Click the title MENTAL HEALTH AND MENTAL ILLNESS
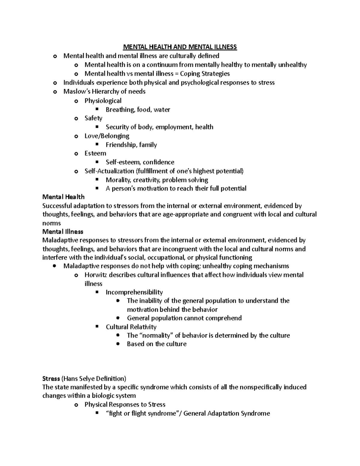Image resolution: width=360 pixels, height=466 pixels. [x=180, y=47]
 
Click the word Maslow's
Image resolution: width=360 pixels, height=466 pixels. [x=74, y=92]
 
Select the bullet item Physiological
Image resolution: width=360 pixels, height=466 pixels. [x=103, y=101]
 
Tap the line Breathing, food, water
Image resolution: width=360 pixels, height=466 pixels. [x=138, y=110]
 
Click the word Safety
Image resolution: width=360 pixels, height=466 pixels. [x=93, y=118]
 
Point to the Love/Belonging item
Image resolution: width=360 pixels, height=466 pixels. [x=107, y=136]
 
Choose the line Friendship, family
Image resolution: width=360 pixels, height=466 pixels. [x=131, y=145]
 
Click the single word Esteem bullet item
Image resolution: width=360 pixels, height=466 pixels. [x=95, y=153]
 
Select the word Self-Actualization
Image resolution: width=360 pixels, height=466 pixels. [x=109, y=171]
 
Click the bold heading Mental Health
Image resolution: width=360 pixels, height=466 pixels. [x=63, y=197]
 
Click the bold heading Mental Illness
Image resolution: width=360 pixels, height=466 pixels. [x=63, y=232]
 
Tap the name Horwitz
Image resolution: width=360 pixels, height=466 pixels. [x=95, y=275]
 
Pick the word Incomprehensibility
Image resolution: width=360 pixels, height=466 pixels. [x=134, y=292]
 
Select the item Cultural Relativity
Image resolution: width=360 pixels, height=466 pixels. [x=131, y=327]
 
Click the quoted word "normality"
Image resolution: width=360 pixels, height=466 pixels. [x=155, y=335]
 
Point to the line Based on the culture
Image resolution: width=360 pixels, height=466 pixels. [x=157, y=344]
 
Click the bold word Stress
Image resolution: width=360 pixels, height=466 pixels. [x=51, y=379]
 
